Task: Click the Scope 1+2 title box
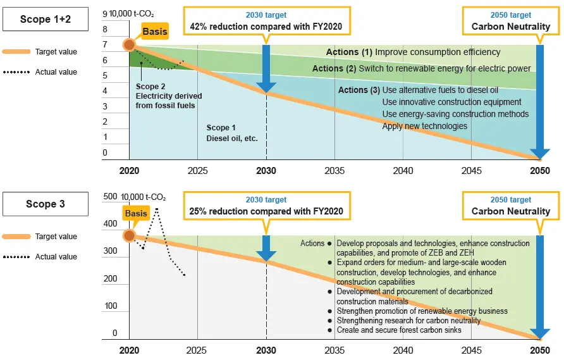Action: [x=45, y=20]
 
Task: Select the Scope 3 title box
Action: [x=45, y=204]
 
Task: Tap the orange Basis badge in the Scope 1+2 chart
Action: [x=155, y=31]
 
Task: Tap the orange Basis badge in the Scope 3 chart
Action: [x=136, y=214]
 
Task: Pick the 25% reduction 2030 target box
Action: [x=266, y=206]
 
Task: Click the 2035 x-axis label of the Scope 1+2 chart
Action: [x=334, y=171]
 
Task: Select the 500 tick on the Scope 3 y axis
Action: [x=111, y=197]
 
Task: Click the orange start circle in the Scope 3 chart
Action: [x=129, y=236]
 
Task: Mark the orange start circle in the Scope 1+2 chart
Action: [x=129, y=44]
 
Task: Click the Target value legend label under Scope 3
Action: [x=56, y=237]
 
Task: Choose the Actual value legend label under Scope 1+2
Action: [x=56, y=72]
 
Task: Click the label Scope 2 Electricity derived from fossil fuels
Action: [x=168, y=96]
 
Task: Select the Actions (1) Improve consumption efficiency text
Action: [x=413, y=52]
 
